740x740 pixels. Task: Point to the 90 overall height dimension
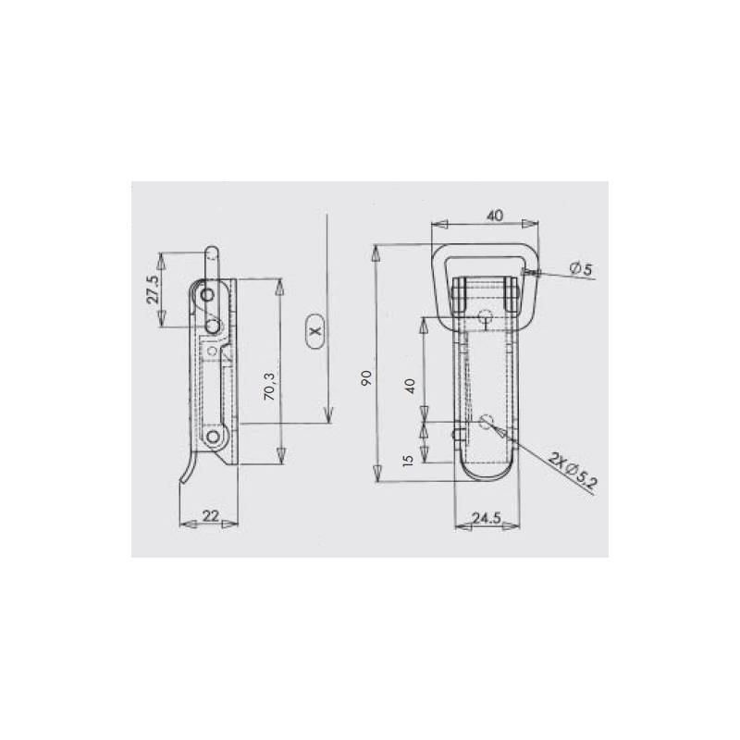[366, 376]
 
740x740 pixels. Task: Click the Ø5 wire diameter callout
[582, 268]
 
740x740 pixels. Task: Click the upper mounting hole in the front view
[486, 320]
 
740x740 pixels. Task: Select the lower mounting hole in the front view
[487, 423]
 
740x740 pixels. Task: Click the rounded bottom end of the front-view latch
[486, 478]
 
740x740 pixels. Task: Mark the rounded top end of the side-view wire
[213, 250]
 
